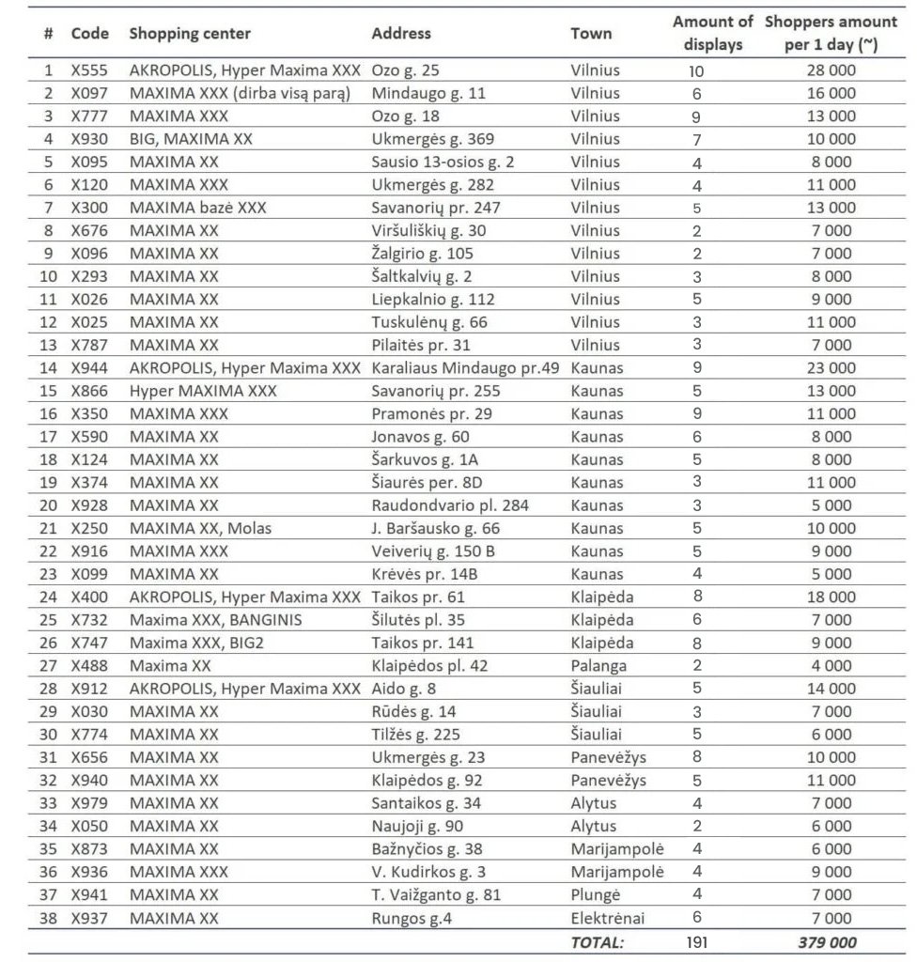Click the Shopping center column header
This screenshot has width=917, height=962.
190,34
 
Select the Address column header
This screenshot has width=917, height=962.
401,33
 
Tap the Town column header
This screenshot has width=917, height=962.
591,34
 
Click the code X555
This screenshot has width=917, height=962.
90,70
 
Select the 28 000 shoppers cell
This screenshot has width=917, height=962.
831,70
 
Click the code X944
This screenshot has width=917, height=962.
90,368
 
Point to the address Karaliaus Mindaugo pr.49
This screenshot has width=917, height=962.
465,368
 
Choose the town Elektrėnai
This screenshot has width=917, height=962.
608,918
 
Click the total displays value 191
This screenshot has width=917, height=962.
696,941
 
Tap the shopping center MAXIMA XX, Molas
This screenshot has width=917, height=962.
200,528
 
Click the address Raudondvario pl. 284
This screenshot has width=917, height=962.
450,505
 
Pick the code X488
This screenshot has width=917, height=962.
90,666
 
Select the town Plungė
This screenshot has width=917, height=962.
596,894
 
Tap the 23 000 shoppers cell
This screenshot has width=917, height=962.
831,368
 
